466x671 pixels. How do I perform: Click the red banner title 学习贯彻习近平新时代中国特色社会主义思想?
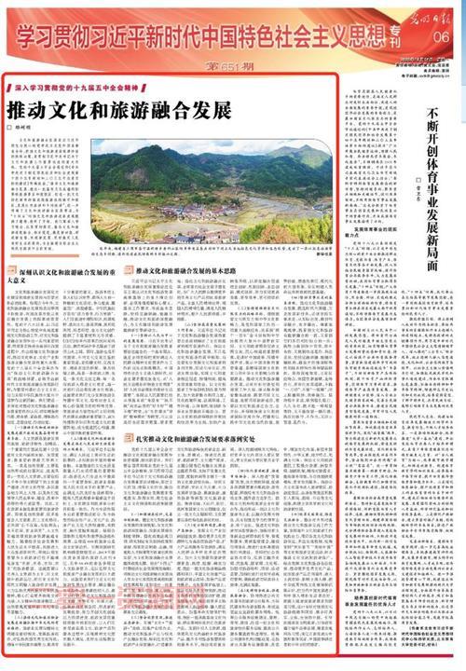(x=191, y=35)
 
